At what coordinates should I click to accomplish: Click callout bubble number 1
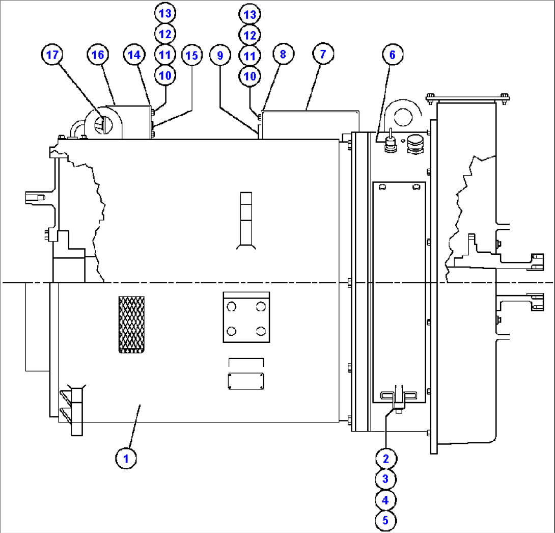[x=125, y=458]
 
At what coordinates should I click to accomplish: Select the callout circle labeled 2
[x=385, y=458]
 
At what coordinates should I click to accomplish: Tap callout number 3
[x=385, y=479]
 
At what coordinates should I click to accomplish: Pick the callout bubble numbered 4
[x=385, y=500]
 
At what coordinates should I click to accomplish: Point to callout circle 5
[x=385, y=521]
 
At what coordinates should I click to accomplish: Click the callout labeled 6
[x=393, y=55]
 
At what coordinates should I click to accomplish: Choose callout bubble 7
[x=323, y=55]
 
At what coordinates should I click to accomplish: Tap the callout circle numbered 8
[x=283, y=55]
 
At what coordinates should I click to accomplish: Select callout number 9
[x=220, y=55]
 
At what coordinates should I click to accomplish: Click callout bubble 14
[x=133, y=55]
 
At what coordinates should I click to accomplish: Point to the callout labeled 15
[x=191, y=55]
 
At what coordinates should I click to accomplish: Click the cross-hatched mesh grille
[x=131, y=325]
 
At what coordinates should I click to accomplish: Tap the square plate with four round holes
[x=246, y=317]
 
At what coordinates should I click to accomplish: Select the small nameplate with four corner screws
[x=246, y=381]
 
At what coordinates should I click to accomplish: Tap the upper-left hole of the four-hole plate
[x=232, y=306]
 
